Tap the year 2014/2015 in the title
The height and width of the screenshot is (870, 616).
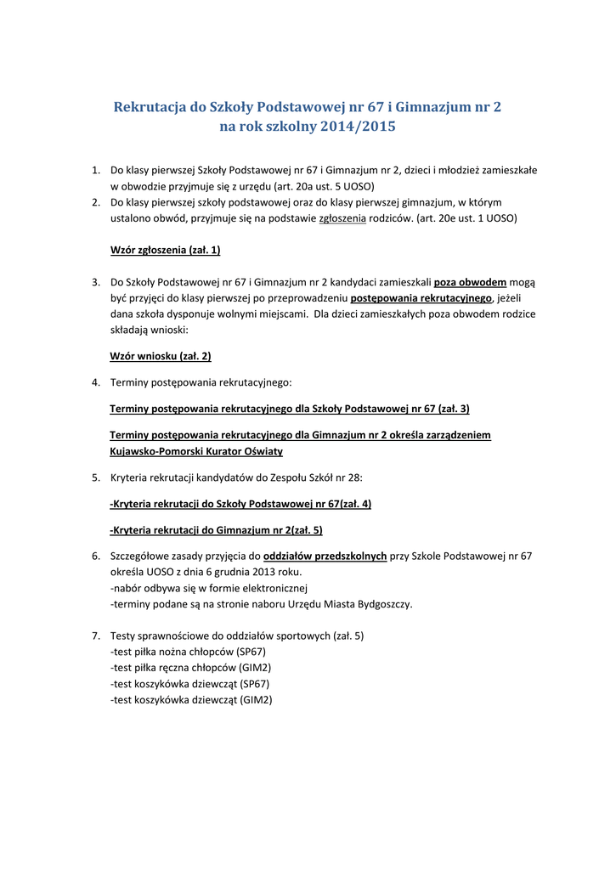(x=357, y=127)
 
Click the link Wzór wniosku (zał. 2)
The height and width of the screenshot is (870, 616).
(x=161, y=356)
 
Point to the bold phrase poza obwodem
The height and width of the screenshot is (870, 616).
(x=470, y=282)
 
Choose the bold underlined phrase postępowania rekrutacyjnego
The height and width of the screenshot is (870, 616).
(x=421, y=298)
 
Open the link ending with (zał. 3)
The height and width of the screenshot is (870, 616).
(x=290, y=409)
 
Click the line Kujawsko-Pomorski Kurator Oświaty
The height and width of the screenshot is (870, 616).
(x=196, y=451)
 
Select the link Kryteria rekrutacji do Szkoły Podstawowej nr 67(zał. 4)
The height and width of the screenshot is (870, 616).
(x=240, y=504)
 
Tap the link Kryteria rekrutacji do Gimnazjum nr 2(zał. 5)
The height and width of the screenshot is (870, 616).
(x=216, y=530)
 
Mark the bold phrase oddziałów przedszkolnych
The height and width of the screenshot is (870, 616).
(x=331, y=556)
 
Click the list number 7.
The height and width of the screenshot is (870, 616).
(x=96, y=636)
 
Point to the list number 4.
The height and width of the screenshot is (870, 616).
(x=96, y=382)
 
